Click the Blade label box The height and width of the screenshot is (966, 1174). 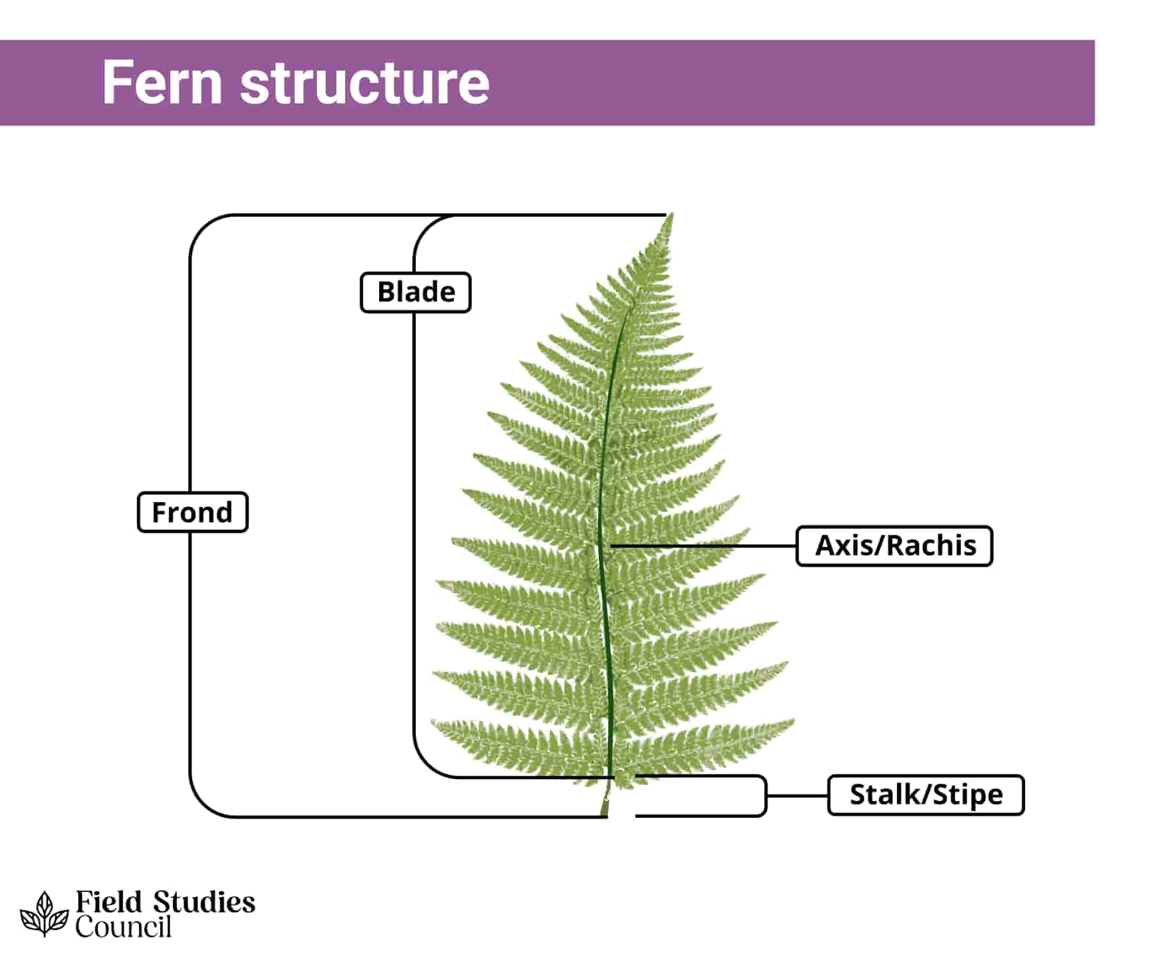415,292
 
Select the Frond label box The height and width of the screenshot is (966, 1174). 192,512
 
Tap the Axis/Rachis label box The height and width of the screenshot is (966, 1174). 894,546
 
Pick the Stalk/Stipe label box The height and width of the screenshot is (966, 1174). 925,795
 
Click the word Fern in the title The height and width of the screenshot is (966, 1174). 162,83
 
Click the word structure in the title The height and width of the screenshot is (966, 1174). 364,83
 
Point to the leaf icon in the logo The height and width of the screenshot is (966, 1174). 44,914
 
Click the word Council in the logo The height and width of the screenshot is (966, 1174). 123,927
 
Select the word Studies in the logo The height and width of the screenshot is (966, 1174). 204,903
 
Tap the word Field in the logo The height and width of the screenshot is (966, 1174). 108,903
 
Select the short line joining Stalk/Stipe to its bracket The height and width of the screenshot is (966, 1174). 797,795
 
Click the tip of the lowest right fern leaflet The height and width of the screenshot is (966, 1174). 793,721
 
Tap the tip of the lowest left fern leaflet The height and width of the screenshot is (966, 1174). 433,722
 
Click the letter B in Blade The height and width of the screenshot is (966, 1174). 386,292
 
